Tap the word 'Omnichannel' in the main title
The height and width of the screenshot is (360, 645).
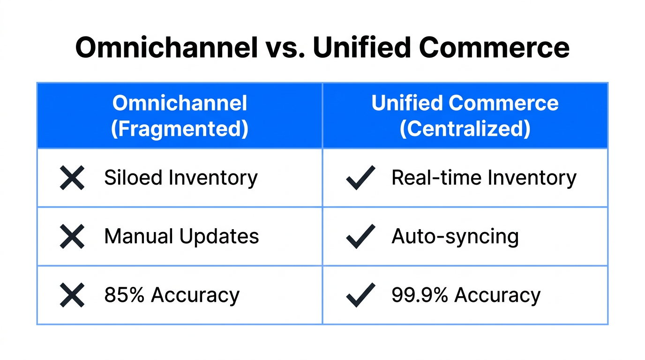point(166,47)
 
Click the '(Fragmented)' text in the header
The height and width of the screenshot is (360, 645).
point(180,128)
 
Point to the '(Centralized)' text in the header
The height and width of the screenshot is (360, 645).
point(465,128)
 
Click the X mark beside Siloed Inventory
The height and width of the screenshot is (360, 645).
point(72,178)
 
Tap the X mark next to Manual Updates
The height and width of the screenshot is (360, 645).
point(72,236)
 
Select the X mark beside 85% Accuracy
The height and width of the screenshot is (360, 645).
point(72,295)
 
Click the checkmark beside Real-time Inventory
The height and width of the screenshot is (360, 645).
point(360,178)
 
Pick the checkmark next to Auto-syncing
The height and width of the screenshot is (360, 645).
point(360,236)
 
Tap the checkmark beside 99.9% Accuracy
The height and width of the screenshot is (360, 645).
point(360,295)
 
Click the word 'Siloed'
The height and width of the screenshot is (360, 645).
point(133,178)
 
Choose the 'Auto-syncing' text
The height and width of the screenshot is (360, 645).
point(455,237)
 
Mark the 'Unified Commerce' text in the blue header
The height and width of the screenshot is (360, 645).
point(465,103)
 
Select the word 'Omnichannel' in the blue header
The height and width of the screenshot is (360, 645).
point(180,103)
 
